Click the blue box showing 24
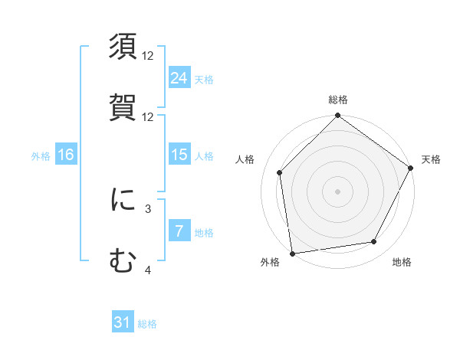point(179,77)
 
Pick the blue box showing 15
point(179,155)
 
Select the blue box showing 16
point(66,155)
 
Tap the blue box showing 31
point(123,322)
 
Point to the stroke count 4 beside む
point(148,270)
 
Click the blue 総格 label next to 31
point(147,324)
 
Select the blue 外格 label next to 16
point(41,155)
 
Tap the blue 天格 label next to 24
point(204,79)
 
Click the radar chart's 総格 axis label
point(337,100)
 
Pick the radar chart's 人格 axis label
point(245,159)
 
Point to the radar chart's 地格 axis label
point(402,262)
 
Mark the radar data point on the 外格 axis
point(292,253)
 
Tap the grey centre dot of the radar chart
point(337,191)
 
